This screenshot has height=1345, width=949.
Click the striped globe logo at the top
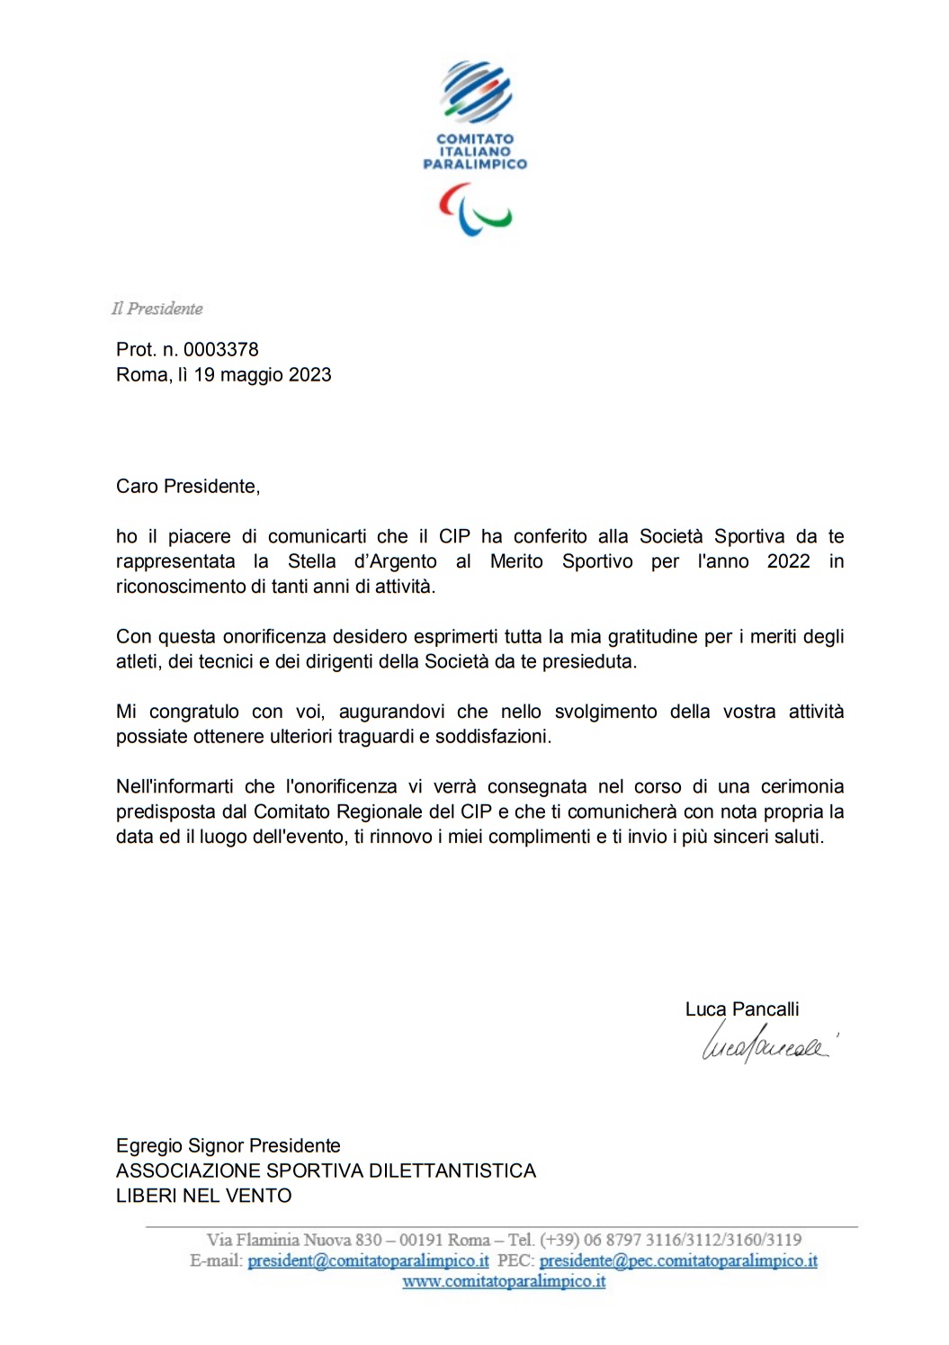475,92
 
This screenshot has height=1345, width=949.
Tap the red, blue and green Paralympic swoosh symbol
475,211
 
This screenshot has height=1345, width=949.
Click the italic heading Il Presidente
157,309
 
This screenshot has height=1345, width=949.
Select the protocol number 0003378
221,349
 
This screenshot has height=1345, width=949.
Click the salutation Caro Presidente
188,486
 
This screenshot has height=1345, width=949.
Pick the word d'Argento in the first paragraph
395,561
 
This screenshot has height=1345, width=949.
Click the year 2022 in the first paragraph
788,561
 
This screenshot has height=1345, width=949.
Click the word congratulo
194,712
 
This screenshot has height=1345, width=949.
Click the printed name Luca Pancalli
742,1009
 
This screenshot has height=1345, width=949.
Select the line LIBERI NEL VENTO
204,1196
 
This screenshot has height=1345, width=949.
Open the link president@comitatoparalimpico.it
369,1260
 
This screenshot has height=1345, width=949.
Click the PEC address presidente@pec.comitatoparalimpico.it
678,1260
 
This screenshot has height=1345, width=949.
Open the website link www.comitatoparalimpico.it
504,1281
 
